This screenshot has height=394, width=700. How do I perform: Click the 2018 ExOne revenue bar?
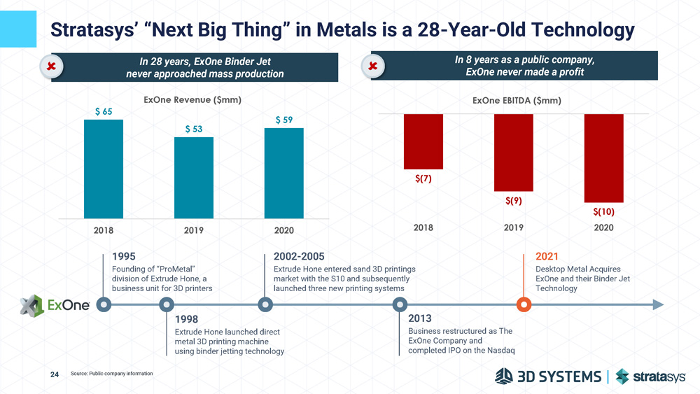[x=104, y=169]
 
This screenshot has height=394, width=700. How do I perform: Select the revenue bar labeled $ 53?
[x=194, y=178]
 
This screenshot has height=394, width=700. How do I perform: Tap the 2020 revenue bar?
[x=283, y=173]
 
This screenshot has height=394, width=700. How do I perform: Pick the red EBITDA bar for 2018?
[x=423, y=141]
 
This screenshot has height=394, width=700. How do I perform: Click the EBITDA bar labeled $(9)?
[x=513, y=153]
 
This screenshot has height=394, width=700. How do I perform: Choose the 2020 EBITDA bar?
[x=603, y=158]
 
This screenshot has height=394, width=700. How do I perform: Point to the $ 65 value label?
[x=103, y=111]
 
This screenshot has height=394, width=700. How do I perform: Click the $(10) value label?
[x=603, y=211]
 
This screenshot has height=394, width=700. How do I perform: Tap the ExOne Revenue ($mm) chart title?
[x=192, y=100]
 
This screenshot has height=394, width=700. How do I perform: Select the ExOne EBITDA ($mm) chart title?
[x=517, y=101]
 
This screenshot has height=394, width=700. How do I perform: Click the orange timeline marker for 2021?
[x=524, y=304]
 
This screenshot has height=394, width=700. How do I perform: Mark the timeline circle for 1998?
[x=167, y=304]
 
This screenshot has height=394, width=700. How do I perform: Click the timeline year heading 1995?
[x=124, y=256]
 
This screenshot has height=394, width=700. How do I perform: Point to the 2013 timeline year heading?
[x=419, y=318]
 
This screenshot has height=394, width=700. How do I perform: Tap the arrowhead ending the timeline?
[x=657, y=304]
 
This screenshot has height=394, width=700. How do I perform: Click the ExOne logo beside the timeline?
[x=55, y=304]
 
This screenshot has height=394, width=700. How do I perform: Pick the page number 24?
[x=55, y=374]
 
